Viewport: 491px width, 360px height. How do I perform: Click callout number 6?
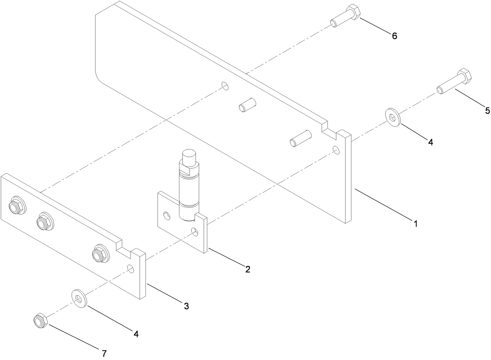394,36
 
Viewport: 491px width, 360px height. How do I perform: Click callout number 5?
487,110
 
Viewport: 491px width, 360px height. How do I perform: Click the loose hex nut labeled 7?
40,320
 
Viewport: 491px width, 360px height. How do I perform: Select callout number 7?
104,353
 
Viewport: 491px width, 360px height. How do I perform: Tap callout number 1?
415,224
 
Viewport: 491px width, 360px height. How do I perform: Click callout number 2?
248,269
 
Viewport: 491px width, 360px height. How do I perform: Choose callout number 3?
186,306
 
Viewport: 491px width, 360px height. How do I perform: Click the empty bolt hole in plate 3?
130,268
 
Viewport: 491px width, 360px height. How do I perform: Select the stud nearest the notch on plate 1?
300,139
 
